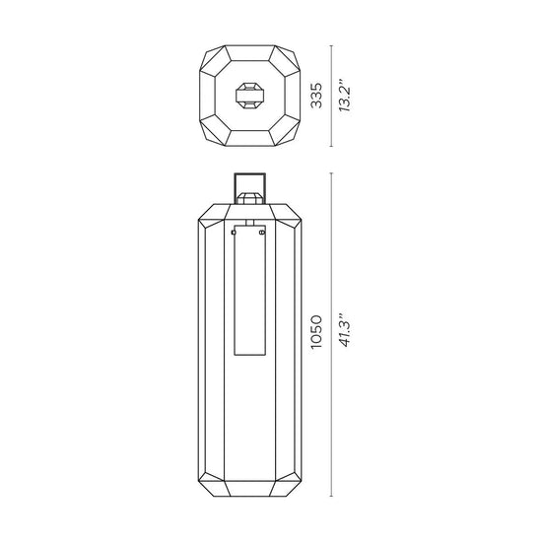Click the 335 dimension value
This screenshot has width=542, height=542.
pos(316,96)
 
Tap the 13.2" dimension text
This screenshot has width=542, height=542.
pos(345,96)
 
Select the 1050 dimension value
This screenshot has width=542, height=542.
pos(316,332)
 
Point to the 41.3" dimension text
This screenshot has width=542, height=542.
pos(345,330)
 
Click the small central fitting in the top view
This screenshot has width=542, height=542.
pos(250,96)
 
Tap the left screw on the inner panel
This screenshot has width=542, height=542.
pos(234,233)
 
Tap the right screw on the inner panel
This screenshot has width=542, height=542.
pos(262,233)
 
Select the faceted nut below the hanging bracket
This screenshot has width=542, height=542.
pos(250,198)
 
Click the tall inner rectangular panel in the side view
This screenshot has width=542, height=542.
pos(250,291)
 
